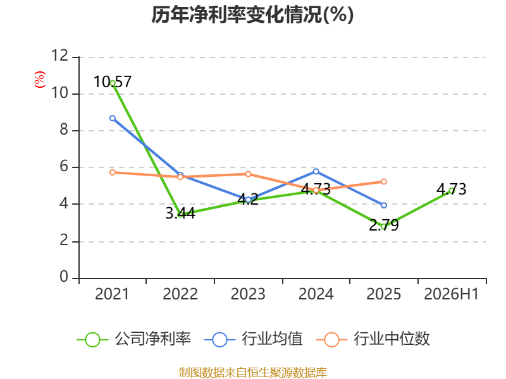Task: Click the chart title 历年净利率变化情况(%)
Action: [252, 15]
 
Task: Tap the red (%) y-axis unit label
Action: [40, 80]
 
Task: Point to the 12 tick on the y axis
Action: [60, 56]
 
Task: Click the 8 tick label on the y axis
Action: [64, 129]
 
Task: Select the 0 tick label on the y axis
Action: [64, 277]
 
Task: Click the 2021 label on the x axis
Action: [112, 294]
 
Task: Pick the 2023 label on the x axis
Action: [248, 294]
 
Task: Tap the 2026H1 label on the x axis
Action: [451, 294]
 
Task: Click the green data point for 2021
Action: [113, 83]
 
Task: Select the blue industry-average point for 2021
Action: [113, 118]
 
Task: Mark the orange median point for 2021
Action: [113, 172]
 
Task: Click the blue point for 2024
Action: [316, 171]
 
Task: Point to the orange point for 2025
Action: [384, 182]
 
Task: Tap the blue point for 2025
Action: [384, 205]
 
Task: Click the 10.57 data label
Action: [113, 82]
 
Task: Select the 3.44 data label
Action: [180, 214]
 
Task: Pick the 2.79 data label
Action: [384, 226]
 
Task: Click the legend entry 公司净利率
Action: [134, 339]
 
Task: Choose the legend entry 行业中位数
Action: [373, 339]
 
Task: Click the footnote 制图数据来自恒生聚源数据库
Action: [253, 373]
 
